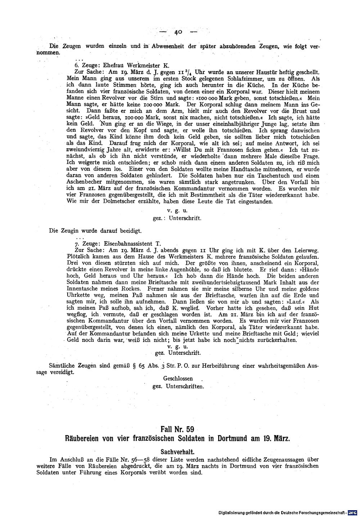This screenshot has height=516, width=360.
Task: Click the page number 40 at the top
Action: click(x=178, y=32)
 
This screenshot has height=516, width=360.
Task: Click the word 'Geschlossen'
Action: click(x=178, y=379)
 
